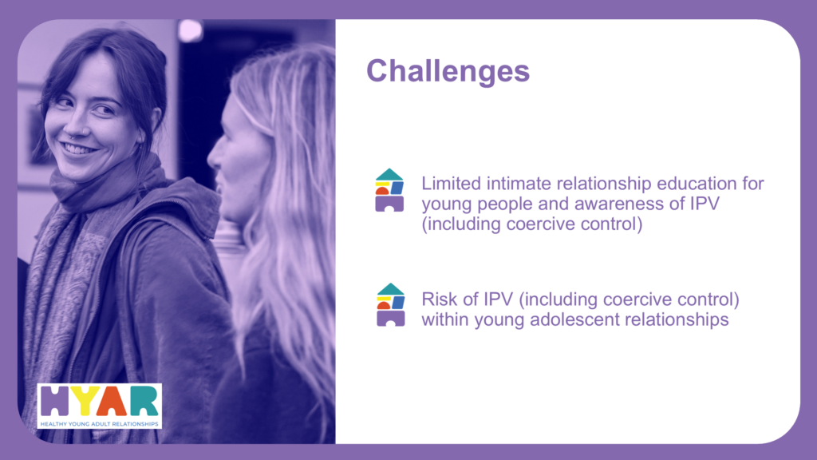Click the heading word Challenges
(x=448, y=71)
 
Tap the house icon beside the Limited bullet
(x=389, y=190)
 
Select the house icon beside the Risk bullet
(x=390, y=305)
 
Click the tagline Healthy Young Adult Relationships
(x=99, y=423)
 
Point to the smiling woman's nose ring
(x=69, y=136)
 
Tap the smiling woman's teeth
(x=78, y=149)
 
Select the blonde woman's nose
(x=214, y=156)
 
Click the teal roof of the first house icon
(x=389, y=175)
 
